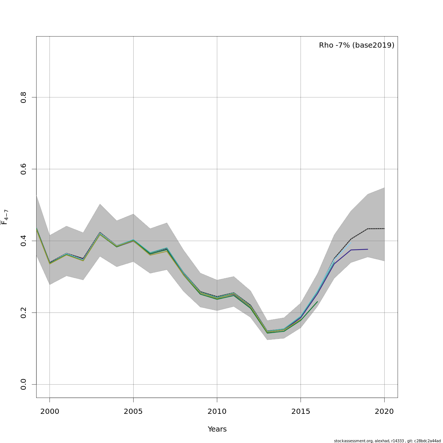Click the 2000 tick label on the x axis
(x=49, y=412)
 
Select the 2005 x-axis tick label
(x=133, y=412)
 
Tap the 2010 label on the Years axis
(x=217, y=412)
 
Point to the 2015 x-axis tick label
(x=301, y=412)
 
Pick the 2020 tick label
(x=384, y=412)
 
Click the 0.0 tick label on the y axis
(x=24, y=384)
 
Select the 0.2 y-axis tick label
(x=24, y=313)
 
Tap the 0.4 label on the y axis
(x=24, y=241)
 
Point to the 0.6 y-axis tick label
(x=24, y=169)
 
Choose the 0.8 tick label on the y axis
(x=24, y=97)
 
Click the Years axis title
(x=217, y=429)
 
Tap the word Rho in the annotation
(x=326, y=45)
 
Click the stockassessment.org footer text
(x=352, y=441)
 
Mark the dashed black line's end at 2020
(x=384, y=229)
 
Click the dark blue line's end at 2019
(x=368, y=249)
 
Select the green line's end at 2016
(x=317, y=302)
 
